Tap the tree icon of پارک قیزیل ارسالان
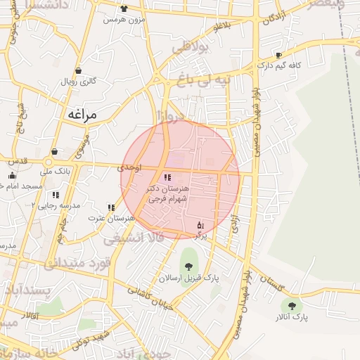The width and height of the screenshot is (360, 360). coord(188,266)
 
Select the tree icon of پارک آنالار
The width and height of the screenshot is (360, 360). coord(291,306)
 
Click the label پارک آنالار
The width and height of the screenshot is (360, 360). coord(291,319)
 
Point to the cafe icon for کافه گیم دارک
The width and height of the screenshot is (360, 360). coord(279,54)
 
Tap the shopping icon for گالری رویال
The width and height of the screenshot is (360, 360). coord(77,70)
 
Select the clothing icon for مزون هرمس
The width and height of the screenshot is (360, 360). coord(124,8)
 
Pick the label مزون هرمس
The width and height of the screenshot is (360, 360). coord(124,20)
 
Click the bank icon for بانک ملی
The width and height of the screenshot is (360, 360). coord(54,151)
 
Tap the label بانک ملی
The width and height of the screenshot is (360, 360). coord(54,170)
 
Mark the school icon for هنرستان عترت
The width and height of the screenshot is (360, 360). coord(111,207)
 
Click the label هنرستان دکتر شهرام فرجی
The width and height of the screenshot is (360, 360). coord(167,194)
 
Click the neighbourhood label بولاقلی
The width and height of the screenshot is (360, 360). coord(191,49)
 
